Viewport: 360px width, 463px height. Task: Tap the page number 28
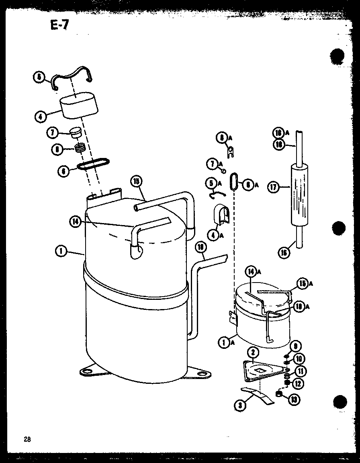point(27,439)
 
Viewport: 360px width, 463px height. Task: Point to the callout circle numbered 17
point(274,187)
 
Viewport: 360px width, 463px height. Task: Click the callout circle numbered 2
point(252,353)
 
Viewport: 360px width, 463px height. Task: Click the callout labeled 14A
point(252,272)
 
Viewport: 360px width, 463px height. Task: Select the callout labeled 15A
point(303,284)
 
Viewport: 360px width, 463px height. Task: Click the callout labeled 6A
point(248,185)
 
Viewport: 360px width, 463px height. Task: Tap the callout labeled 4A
point(213,234)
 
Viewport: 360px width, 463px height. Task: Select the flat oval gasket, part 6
point(93,163)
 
